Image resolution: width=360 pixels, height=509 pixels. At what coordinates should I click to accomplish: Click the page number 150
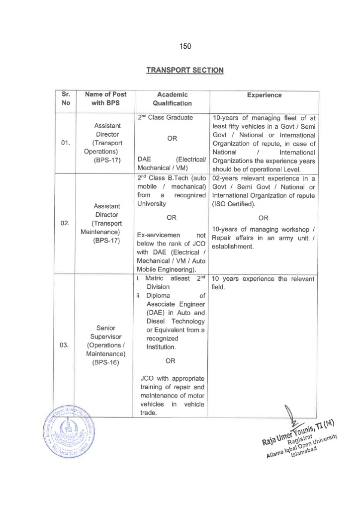(184, 46)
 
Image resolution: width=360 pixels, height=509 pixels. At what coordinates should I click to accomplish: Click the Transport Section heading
(184, 70)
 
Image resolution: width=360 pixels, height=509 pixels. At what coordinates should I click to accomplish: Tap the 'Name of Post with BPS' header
(105, 99)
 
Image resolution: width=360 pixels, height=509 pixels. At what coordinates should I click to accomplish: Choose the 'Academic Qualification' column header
(172, 99)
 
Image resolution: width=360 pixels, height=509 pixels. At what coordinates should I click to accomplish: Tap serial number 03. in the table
(65, 345)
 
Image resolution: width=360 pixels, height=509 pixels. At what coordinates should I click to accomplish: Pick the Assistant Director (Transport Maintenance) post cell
(105, 223)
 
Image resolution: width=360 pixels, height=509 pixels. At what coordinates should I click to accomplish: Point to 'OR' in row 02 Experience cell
(264, 217)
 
